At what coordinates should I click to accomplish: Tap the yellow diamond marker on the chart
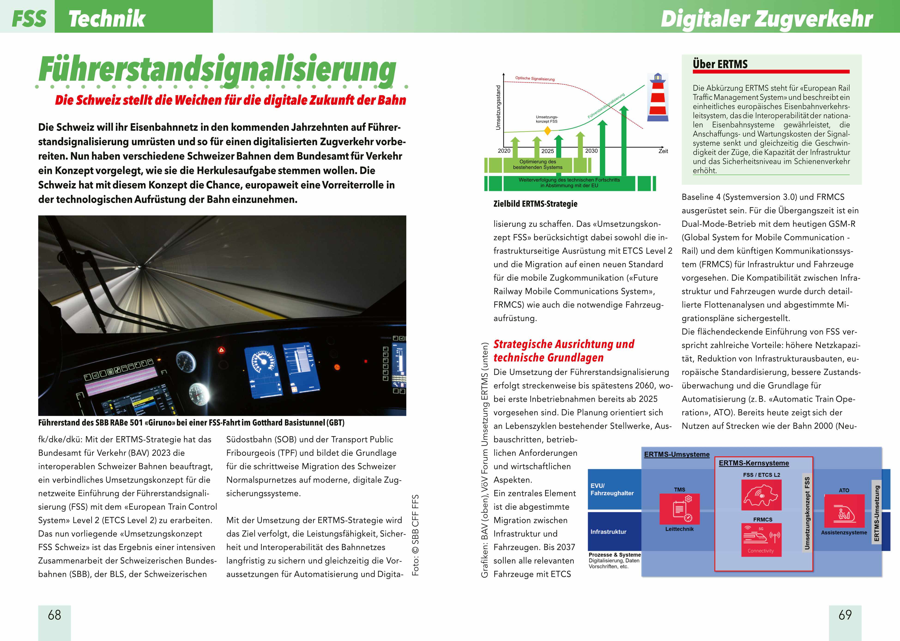coord(547,130)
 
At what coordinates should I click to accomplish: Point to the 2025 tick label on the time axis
coord(547,151)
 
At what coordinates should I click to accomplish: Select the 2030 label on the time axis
coord(591,151)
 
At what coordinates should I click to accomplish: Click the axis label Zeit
coord(663,151)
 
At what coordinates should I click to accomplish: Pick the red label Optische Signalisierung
coord(535,79)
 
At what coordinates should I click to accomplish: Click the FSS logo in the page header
coord(28,18)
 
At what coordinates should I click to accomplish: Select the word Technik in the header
coord(106,18)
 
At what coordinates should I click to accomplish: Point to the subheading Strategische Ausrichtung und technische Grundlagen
coord(563,351)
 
